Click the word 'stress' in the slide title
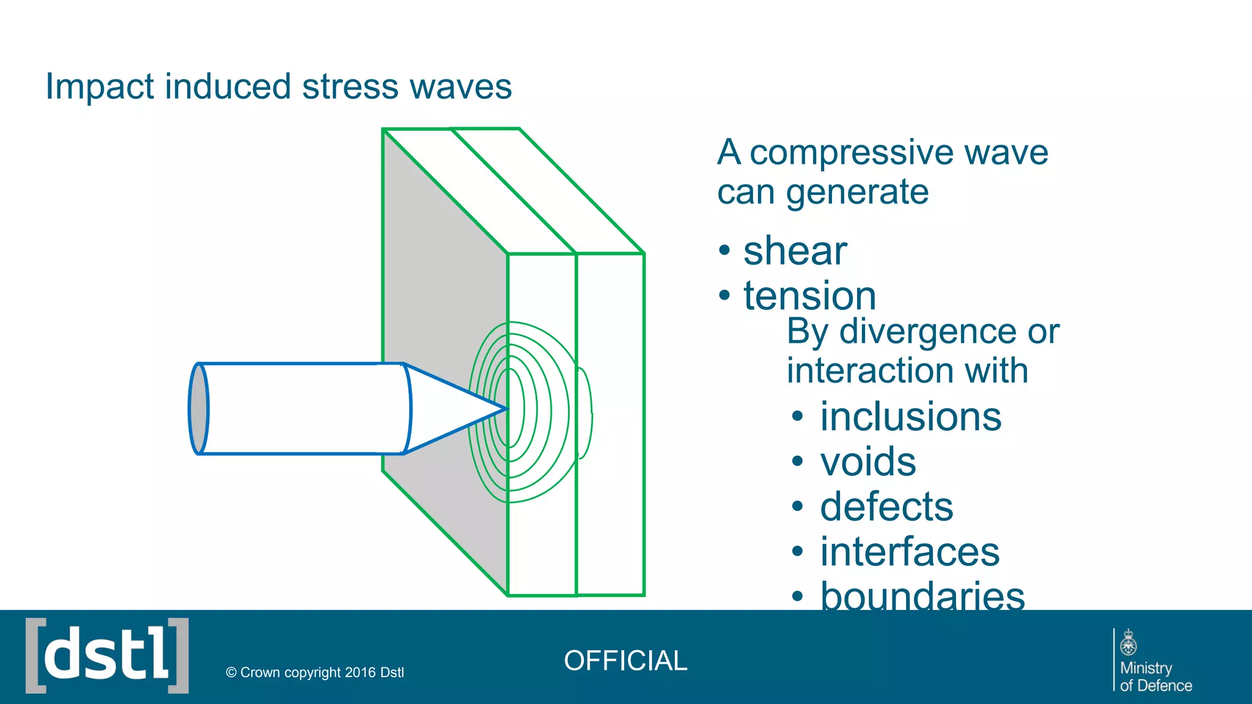click(351, 86)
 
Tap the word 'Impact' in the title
click(99, 86)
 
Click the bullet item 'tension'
click(809, 296)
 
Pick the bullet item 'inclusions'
click(910, 417)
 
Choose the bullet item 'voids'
click(868, 461)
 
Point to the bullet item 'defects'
click(886, 507)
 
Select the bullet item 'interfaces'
click(910, 552)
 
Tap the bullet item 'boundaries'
click(922, 596)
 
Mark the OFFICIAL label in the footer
click(625, 661)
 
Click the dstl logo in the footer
click(107, 656)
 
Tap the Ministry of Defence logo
click(1153, 661)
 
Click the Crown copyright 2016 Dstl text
click(315, 672)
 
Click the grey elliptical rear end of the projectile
click(199, 408)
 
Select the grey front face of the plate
click(428, 275)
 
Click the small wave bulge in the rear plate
click(585, 413)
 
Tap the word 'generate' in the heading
click(857, 192)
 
